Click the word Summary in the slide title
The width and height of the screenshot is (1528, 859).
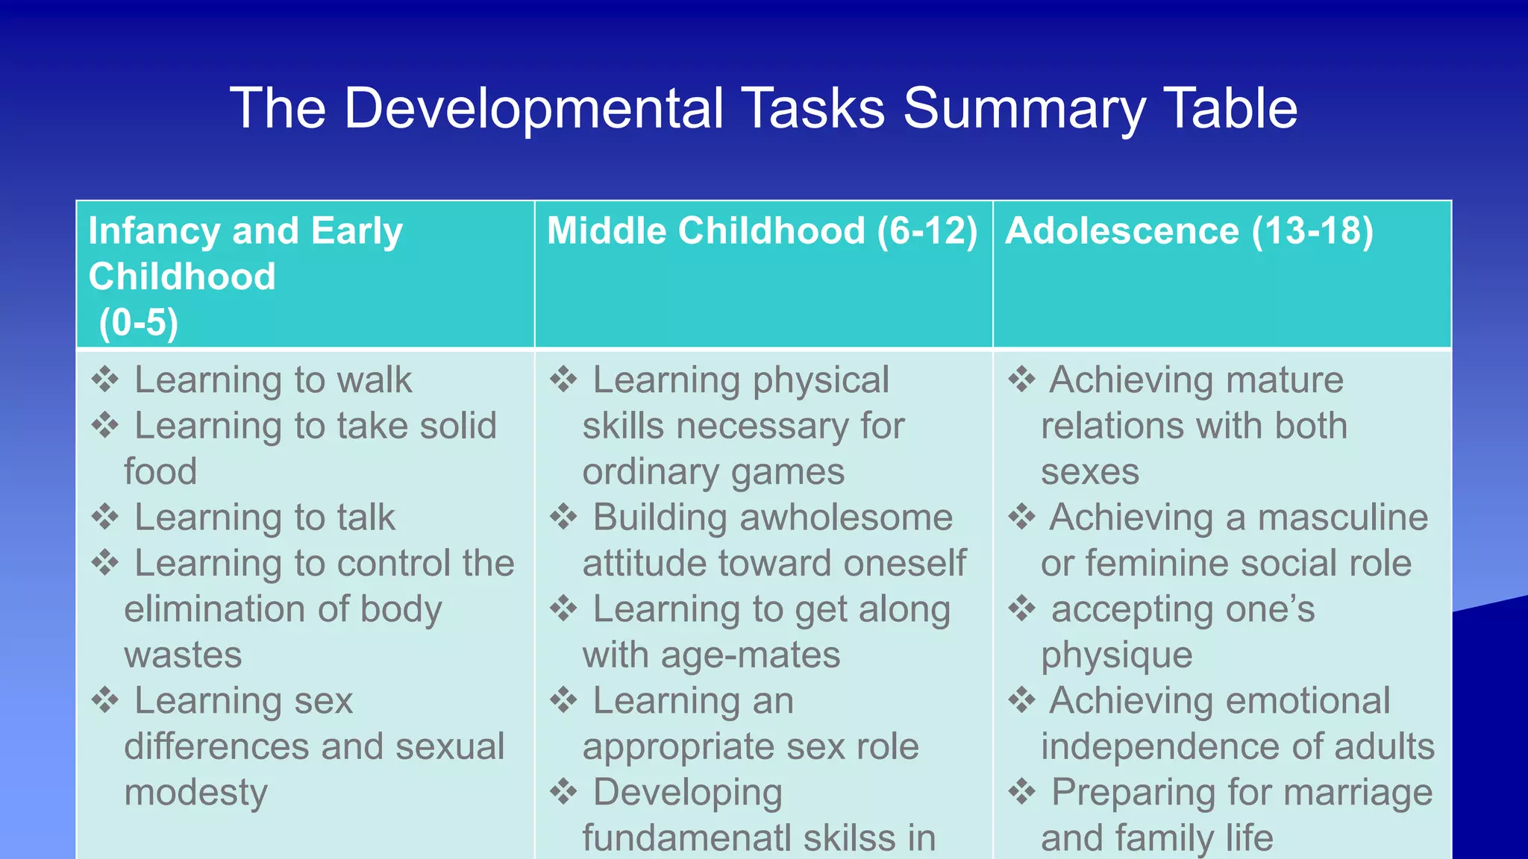click(x=1024, y=109)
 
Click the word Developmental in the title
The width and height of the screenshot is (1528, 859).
click(x=533, y=109)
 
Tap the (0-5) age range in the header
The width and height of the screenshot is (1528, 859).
click(x=139, y=322)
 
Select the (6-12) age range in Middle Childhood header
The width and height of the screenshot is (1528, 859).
click(x=927, y=230)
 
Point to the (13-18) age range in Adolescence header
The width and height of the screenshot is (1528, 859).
click(x=1312, y=230)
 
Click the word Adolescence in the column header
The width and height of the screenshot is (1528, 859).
click(x=1122, y=230)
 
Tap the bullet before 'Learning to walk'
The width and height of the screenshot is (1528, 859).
click(x=105, y=380)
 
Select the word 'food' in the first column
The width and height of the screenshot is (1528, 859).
click(x=160, y=471)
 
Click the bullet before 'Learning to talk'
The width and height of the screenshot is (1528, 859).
click(x=105, y=517)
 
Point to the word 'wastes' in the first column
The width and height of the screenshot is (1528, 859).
click(x=183, y=655)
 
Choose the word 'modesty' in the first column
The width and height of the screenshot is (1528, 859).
click(x=195, y=792)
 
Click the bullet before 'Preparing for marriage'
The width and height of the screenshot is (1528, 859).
click(x=1021, y=792)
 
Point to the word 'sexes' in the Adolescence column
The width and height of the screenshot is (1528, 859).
click(x=1090, y=472)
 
